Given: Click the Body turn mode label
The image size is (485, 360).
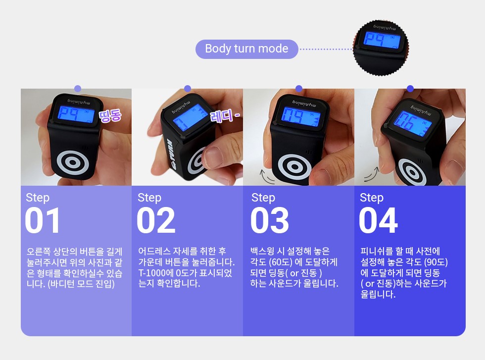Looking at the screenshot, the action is pos(246,49).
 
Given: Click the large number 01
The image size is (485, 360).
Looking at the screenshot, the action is pos(43,220).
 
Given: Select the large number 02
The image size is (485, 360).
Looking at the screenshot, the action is pos(156,220).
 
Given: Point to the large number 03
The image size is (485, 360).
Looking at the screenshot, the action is pos(270,220).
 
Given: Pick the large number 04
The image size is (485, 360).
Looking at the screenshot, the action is pos(378,220).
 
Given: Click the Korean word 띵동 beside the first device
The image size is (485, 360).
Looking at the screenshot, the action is pos(110,116).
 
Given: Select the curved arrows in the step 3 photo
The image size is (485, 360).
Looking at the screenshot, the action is pos(267,175).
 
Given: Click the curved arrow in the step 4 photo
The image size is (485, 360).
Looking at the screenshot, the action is pos(372,174).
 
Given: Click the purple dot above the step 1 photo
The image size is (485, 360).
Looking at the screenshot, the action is pos(78,89).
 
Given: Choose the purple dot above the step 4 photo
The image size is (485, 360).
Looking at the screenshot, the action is pos(410,89).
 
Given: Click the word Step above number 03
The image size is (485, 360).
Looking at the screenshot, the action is pos(263,198).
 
